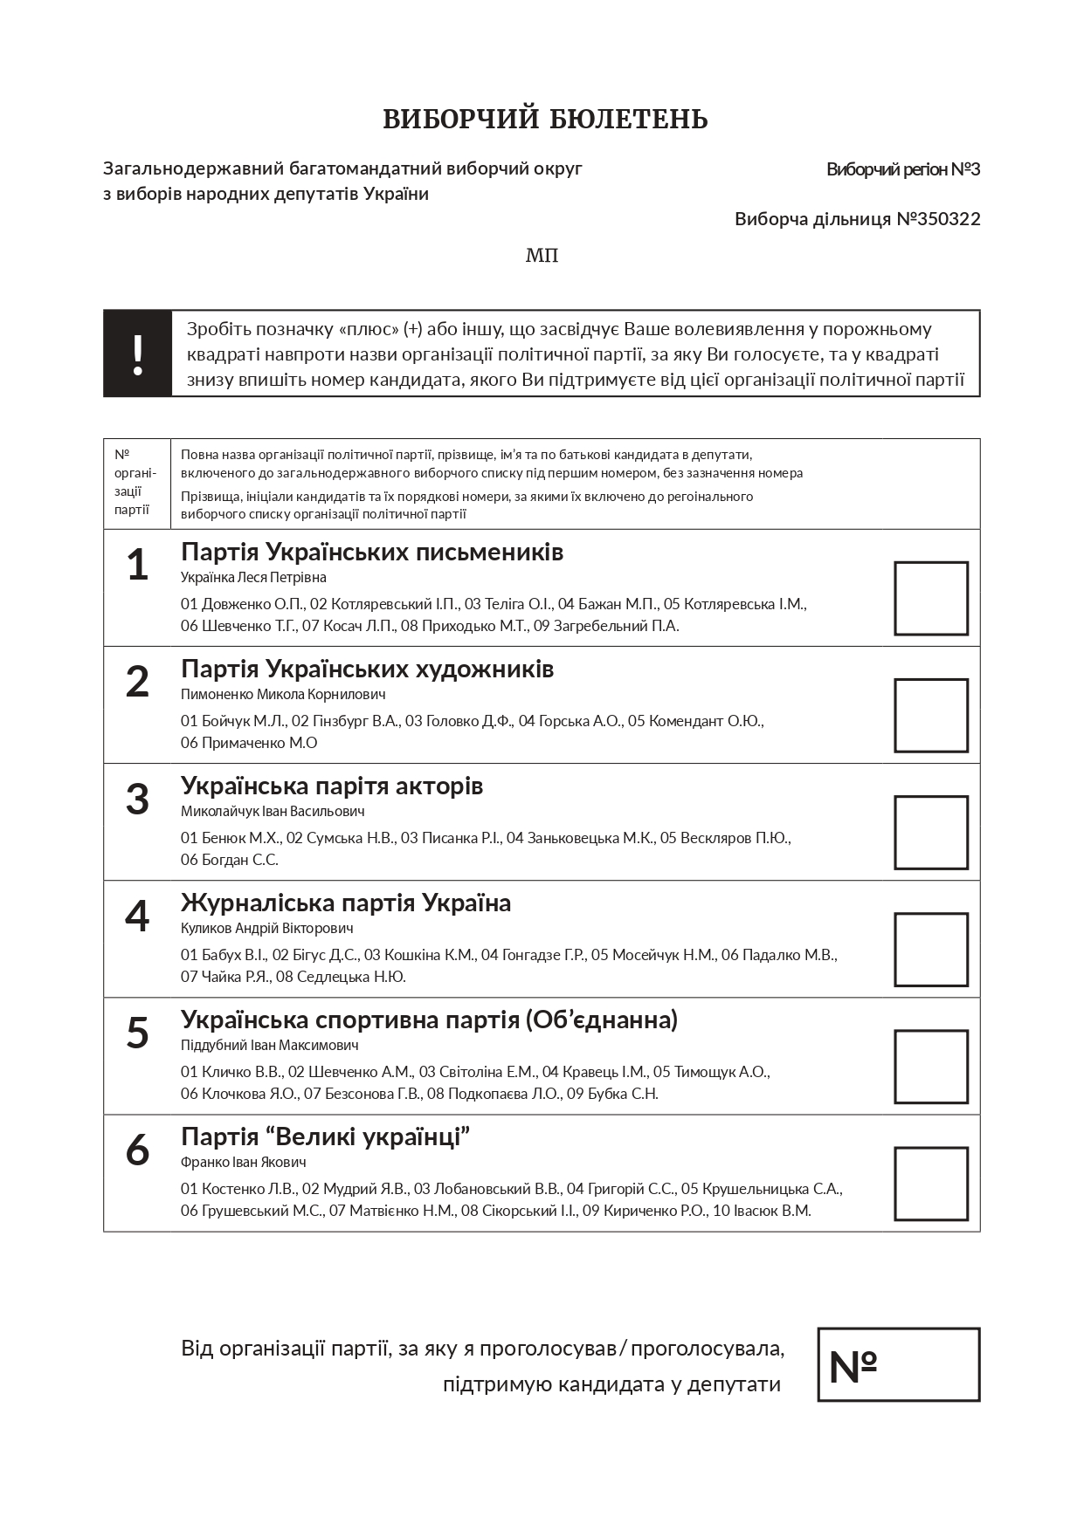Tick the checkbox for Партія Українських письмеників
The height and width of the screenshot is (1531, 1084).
click(930, 598)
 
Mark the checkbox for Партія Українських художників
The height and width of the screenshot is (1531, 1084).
click(930, 715)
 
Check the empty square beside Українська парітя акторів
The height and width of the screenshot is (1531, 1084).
click(930, 832)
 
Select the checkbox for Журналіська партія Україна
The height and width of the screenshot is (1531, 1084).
click(930, 949)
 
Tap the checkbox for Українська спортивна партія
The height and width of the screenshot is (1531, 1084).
click(930, 1066)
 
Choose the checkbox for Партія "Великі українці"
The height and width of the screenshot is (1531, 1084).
click(930, 1183)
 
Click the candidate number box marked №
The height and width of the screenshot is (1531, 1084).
click(898, 1364)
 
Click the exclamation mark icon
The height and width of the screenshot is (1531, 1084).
click(137, 354)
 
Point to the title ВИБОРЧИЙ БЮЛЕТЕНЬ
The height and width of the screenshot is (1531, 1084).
click(545, 120)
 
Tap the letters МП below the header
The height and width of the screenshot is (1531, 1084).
click(542, 256)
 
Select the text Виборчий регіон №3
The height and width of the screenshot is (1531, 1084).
click(902, 169)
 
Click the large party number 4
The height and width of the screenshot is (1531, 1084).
click(137, 916)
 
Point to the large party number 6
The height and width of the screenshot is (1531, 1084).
click(137, 1150)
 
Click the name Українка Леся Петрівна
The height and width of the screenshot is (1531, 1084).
click(253, 578)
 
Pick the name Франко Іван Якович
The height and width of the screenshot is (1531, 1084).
click(243, 1163)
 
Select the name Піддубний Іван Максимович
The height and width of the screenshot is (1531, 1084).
click(269, 1046)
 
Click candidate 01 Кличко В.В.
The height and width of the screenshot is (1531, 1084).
click(231, 1072)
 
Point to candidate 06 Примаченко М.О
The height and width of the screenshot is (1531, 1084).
click(249, 743)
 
